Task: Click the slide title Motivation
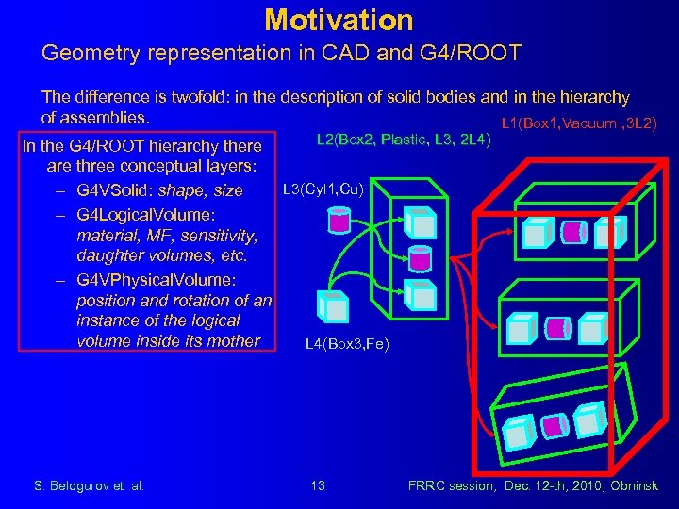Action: click(x=339, y=19)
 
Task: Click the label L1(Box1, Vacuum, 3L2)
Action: click(x=579, y=123)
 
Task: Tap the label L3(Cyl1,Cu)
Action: click(x=323, y=189)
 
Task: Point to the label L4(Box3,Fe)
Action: click(x=347, y=345)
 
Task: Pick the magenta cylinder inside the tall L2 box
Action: click(x=422, y=255)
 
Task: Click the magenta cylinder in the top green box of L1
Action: click(x=574, y=232)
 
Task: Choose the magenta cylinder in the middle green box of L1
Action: click(x=559, y=328)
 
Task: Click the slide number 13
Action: click(x=318, y=485)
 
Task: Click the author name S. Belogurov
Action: click(x=75, y=485)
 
